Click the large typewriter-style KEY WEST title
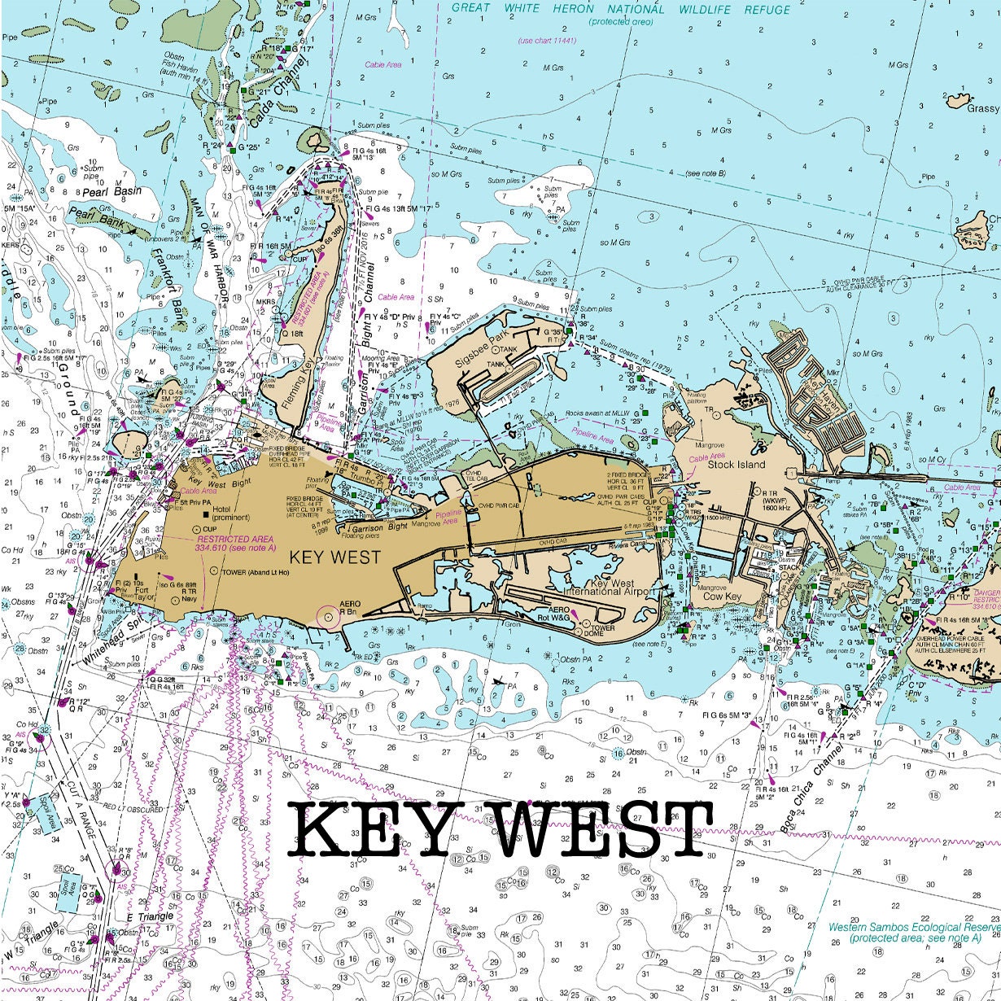click(x=500, y=829)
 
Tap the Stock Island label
click(x=736, y=465)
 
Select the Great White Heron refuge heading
click(x=621, y=10)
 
